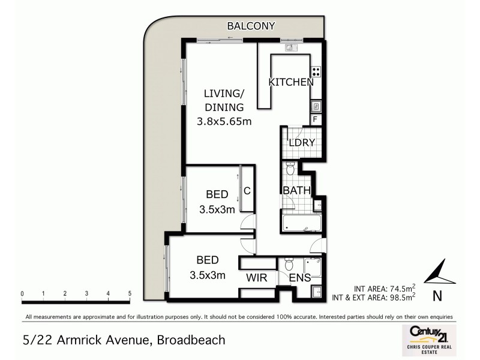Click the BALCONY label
[251, 26]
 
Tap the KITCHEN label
[291, 82]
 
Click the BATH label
[297, 191]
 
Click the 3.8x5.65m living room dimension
[223, 122]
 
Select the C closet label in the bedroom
[246, 192]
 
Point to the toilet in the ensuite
[290, 263]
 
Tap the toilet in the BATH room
[290, 169]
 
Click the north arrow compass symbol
[439, 274]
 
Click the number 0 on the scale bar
[22, 293]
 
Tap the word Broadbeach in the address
[191, 340]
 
